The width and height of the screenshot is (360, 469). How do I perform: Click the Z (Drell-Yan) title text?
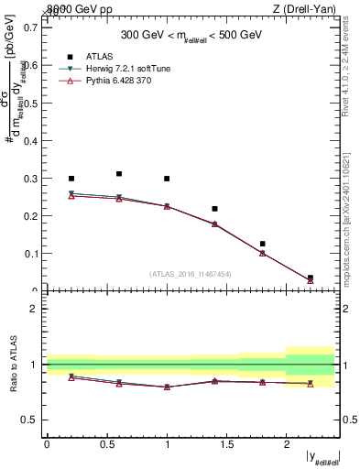[311, 9]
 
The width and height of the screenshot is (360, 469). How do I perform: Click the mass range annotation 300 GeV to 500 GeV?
[191, 36]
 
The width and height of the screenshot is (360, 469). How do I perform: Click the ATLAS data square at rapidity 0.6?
[119, 173]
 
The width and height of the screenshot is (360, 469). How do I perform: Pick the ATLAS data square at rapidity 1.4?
[214, 209]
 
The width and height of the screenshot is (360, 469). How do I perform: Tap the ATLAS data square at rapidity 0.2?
[71, 179]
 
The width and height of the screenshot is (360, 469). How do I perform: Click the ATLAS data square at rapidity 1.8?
[262, 244]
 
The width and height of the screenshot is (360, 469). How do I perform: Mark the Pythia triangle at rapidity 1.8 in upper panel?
[262, 253]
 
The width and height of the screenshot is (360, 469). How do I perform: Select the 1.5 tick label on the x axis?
[226, 443]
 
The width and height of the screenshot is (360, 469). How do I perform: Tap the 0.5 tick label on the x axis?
[106, 443]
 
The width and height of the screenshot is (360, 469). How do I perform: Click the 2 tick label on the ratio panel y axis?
[35, 309]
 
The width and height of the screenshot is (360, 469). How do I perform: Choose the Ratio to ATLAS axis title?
[12, 364]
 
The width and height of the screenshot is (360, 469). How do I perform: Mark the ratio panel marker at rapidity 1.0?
[167, 387]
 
